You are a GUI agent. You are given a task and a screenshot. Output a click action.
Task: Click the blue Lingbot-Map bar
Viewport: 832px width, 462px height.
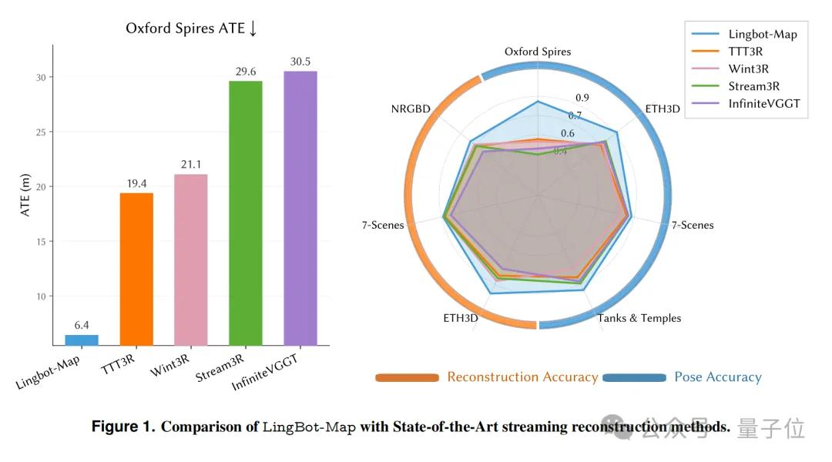tap(81, 340)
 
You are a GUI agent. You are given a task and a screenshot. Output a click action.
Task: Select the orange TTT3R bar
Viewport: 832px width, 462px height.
tap(136, 268)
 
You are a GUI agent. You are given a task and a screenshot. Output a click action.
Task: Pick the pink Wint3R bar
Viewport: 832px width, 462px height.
tap(190, 259)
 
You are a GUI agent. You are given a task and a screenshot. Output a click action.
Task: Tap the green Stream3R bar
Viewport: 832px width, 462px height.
tap(246, 213)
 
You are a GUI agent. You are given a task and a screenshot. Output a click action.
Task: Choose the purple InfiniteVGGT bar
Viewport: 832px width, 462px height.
tap(300, 208)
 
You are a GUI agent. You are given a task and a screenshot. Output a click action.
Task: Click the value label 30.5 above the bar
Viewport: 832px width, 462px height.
tap(300, 62)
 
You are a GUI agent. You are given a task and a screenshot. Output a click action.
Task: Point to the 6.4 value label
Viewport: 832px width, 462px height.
tap(81, 326)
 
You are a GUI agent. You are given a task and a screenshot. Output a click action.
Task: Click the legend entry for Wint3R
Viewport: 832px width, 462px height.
tap(748, 69)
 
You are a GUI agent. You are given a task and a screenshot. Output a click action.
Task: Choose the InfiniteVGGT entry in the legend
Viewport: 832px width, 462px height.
tap(762, 103)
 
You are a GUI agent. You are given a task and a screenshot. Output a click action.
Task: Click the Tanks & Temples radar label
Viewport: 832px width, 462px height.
tap(639, 318)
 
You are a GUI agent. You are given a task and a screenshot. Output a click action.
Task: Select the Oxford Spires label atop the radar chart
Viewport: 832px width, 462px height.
tap(538, 52)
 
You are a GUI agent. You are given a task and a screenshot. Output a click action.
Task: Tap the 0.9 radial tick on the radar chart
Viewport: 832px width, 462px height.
tap(582, 98)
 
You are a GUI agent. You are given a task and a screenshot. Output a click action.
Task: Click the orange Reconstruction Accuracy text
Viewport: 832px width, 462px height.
tap(522, 377)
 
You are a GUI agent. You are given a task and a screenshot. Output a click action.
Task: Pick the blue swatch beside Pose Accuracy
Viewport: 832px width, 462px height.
tap(634, 377)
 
